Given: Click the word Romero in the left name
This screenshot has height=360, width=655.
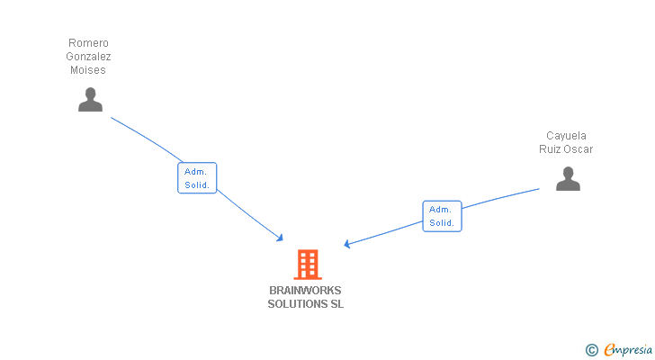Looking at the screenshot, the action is click(x=88, y=43).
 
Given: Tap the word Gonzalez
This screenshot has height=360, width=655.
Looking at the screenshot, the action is click(x=88, y=57).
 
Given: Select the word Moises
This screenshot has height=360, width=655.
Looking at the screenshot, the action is click(x=88, y=70).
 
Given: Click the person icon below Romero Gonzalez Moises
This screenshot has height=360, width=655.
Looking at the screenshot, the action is click(x=90, y=99).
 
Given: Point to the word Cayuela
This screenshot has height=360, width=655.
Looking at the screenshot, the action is click(x=566, y=136).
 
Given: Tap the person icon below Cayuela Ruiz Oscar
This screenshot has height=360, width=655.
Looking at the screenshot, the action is click(x=568, y=179).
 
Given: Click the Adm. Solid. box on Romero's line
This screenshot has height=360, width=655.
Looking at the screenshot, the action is click(x=197, y=178).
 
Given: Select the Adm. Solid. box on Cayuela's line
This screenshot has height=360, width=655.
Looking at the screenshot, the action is click(x=442, y=216).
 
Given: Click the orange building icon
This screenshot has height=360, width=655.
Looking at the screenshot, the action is click(x=307, y=265).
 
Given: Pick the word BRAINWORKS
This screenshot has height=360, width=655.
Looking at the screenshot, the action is click(x=305, y=291).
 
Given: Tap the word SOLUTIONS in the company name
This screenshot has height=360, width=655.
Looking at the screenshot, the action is click(x=297, y=304).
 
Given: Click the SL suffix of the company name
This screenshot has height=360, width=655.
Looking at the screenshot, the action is click(x=336, y=304).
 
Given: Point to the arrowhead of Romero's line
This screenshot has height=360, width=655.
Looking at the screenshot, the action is click(x=281, y=238).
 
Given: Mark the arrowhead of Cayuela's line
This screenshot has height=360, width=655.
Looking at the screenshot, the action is click(x=347, y=244).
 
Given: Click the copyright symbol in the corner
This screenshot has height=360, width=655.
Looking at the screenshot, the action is click(x=591, y=350).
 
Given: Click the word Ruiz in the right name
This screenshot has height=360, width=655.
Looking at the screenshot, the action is click(x=551, y=149).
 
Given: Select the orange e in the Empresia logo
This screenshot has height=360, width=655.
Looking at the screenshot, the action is click(x=609, y=350).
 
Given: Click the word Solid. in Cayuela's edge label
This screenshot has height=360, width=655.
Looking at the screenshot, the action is click(x=442, y=222).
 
